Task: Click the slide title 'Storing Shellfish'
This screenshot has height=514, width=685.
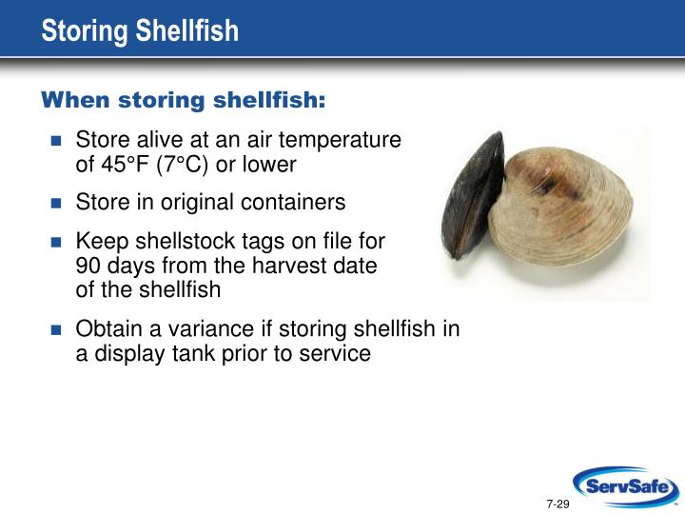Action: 140,31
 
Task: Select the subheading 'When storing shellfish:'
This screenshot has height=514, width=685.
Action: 183,101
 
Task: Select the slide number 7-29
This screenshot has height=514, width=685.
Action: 558,502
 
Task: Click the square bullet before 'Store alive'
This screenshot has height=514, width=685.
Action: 55,141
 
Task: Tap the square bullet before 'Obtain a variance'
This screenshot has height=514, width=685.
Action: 55,330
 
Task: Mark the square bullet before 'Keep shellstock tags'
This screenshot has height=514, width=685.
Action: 55,242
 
